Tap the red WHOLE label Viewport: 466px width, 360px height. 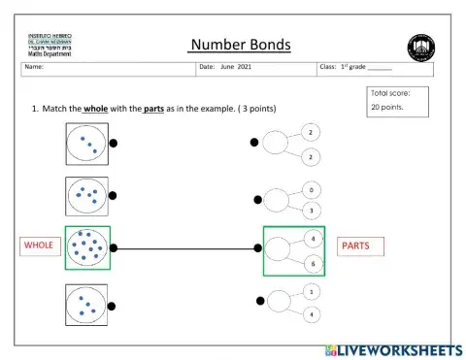click(38, 245)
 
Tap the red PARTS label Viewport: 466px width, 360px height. click(354, 245)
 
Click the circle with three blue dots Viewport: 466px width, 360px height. click(87, 143)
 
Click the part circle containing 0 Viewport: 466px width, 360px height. click(310, 190)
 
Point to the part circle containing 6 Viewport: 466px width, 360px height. click(311, 264)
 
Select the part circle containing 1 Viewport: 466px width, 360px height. click(310, 291)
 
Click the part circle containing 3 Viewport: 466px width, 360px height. click(310, 210)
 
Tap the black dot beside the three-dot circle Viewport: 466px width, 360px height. click(114, 143)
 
